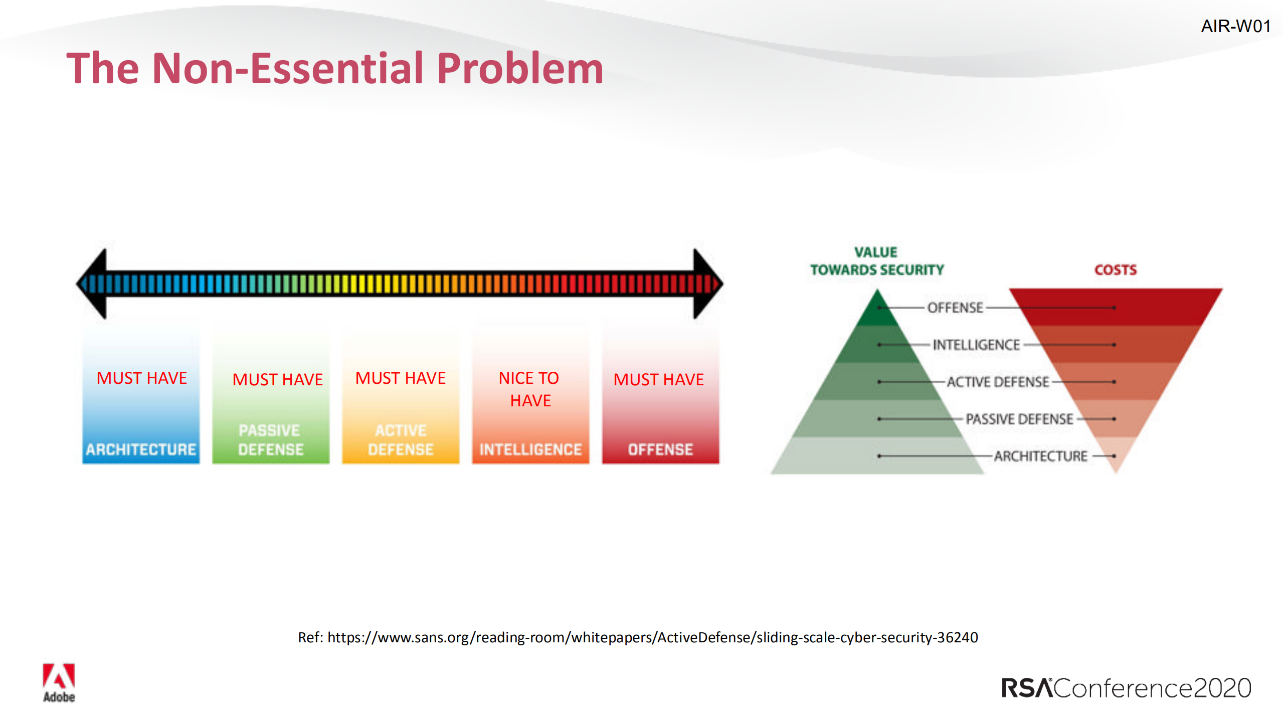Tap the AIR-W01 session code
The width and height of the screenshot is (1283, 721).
tap(1235, 26)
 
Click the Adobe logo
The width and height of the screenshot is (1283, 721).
tap(59, 682)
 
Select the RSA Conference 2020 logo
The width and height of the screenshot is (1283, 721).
tap(1126, 687)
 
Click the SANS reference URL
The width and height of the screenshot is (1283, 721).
tap(652, 637)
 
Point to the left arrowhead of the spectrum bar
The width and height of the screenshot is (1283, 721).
tap(94, 284)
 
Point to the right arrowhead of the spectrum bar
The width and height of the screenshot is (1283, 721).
tap(706, 284)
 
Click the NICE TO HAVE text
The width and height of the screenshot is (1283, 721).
tap(530, 389)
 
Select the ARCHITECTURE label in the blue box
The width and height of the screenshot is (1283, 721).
tap(141, 449)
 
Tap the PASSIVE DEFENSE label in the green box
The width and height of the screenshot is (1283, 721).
tap(271, 439)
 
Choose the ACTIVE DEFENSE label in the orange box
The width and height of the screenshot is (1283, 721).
tap(401, 439)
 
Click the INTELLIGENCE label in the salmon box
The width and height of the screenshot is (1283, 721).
tap(530, 449)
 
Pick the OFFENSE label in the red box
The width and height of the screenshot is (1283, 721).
tap(660, 449)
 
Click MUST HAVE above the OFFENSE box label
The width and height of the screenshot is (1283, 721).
tap(658, 379)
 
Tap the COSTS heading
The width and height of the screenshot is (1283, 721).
tap(1115, 270)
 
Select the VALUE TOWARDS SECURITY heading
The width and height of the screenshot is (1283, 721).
tap(877, 261)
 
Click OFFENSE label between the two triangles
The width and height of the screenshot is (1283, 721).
tap(955, 308)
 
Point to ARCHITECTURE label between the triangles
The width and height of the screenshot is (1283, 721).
tap(1040, 456)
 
